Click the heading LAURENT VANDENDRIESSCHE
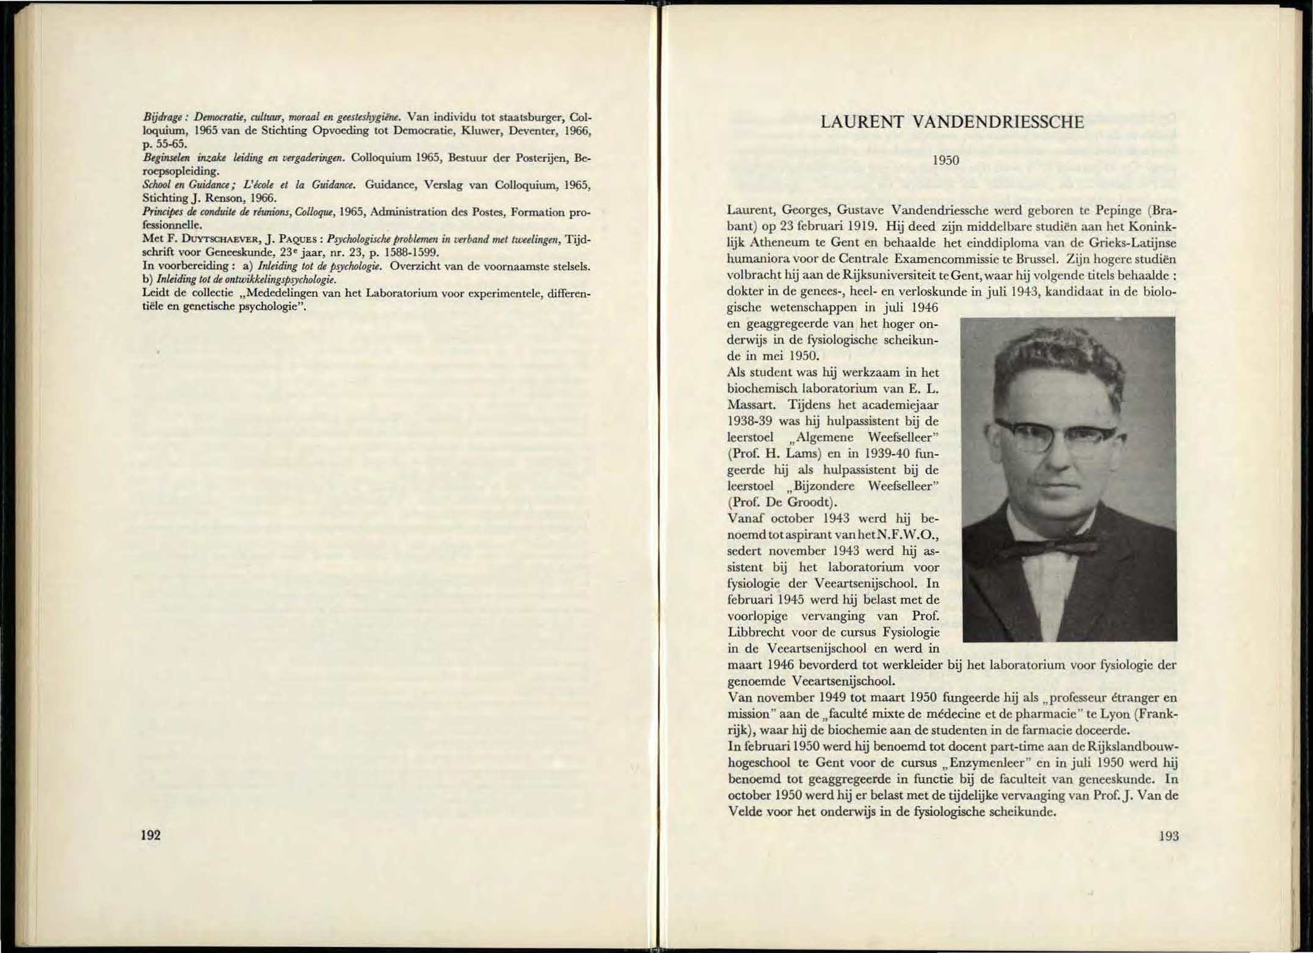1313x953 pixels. click(952, 122)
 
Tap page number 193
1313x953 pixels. click(1168, 836)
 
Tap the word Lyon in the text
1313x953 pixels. click(1111, 714)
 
